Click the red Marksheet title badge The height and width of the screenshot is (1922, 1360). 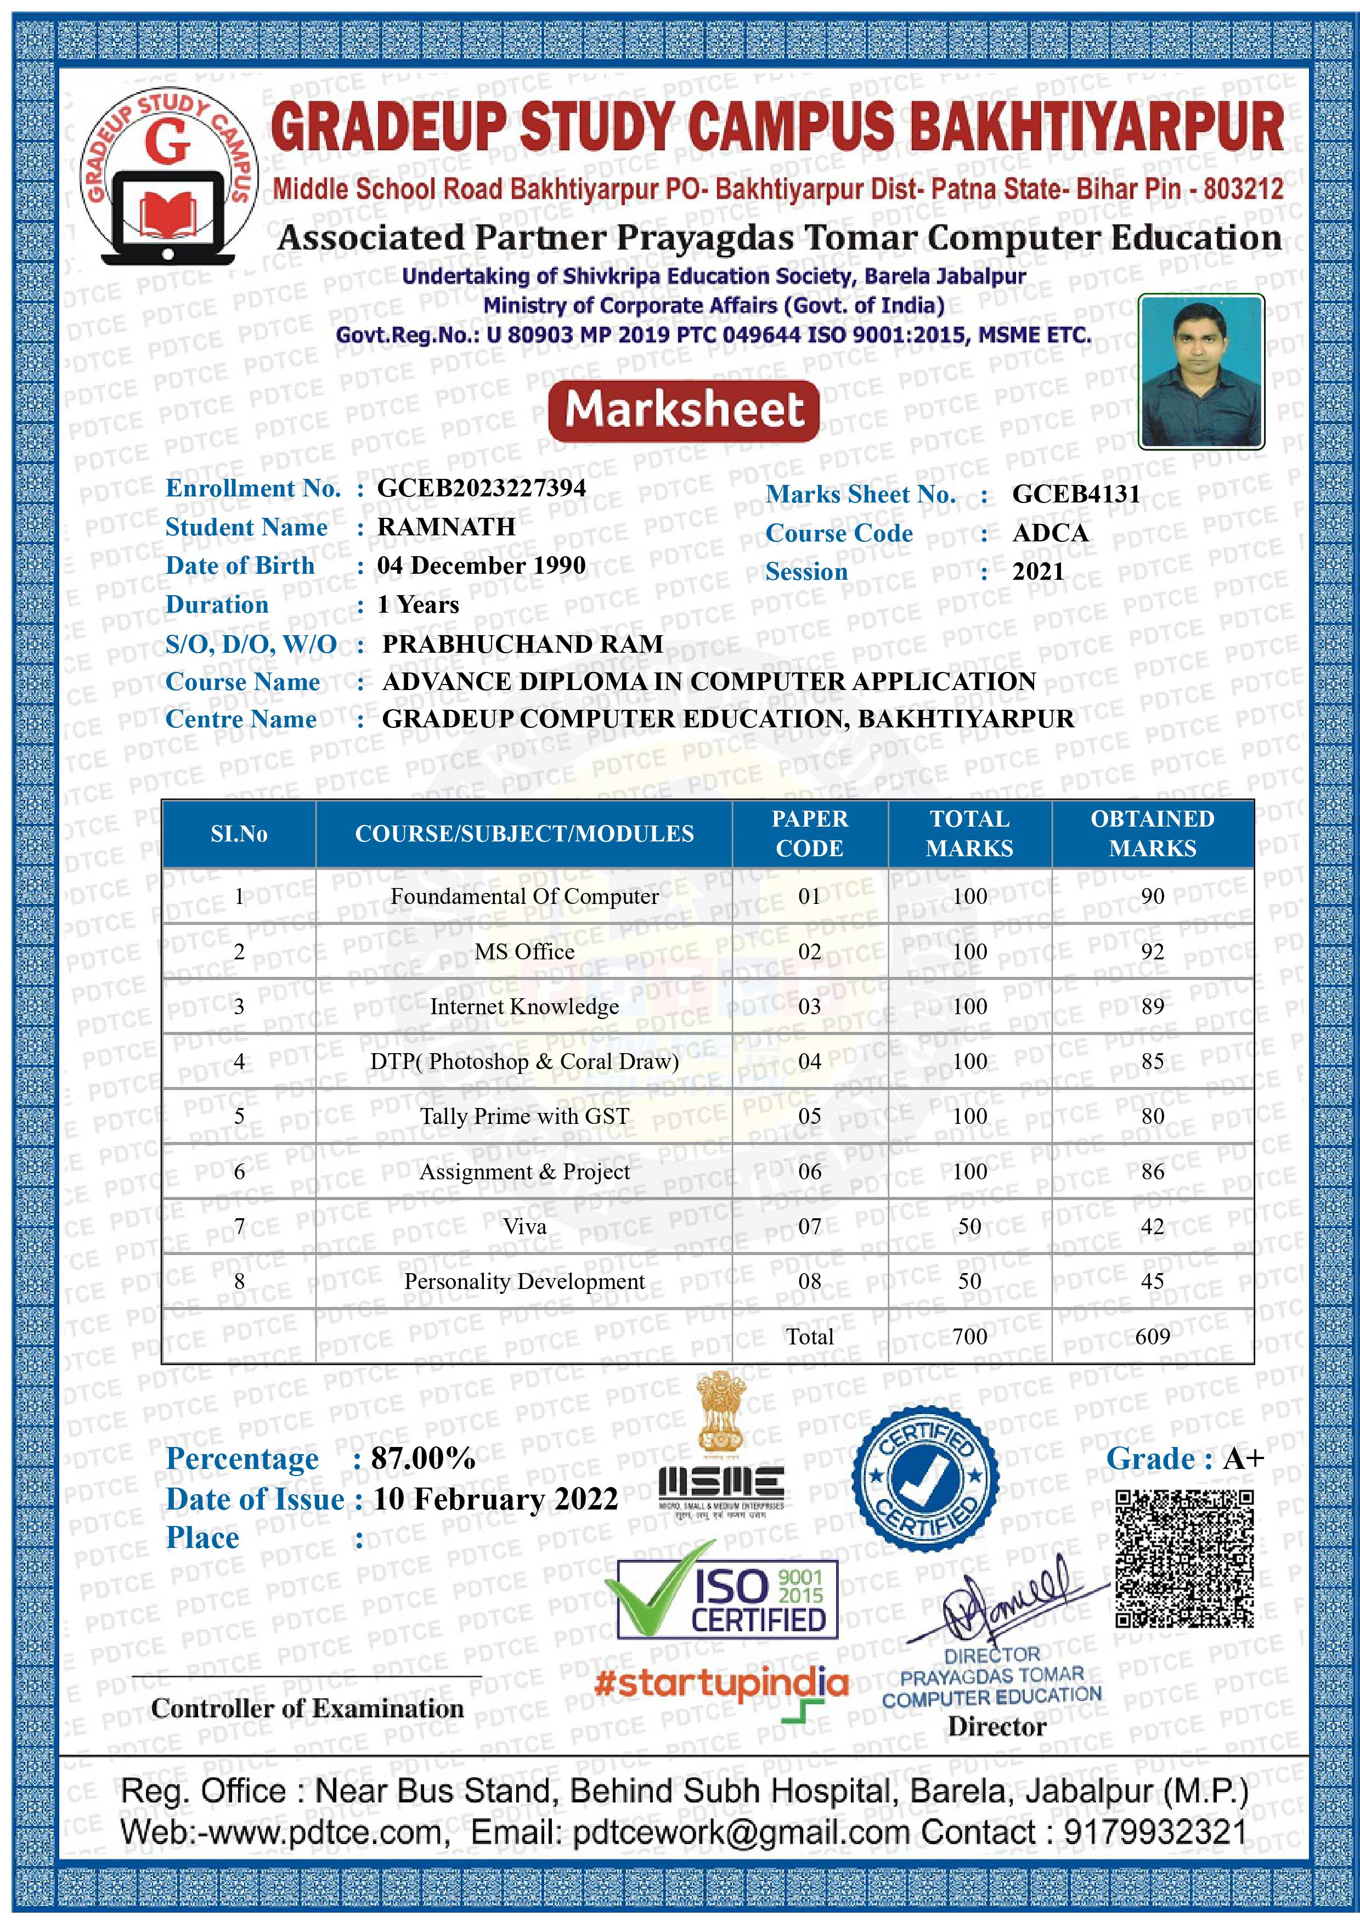click(x=684, y=411)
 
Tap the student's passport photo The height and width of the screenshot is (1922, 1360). click(x=1201, y=372)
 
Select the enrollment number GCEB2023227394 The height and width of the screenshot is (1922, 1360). click(x=482, y=488)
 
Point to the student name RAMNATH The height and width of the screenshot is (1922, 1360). click(x=447, y=527)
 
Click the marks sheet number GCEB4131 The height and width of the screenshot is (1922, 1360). click(x=1076, y=494)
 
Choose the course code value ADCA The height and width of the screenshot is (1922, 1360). click(x=1050, y=533)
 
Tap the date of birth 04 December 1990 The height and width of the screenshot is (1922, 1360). click(x=482, y=566)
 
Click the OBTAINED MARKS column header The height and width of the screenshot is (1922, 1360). click(x=1152, y=833)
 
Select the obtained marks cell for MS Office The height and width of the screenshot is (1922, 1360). click(x=1152, y=952)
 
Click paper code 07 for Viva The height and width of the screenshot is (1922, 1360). click(x=809, y=1227)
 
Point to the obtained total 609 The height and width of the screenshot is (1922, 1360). click(x=1152, y=1337)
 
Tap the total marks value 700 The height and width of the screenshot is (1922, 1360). click(x=970, y=1337)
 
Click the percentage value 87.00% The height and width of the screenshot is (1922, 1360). click(x=424, y=1459)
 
